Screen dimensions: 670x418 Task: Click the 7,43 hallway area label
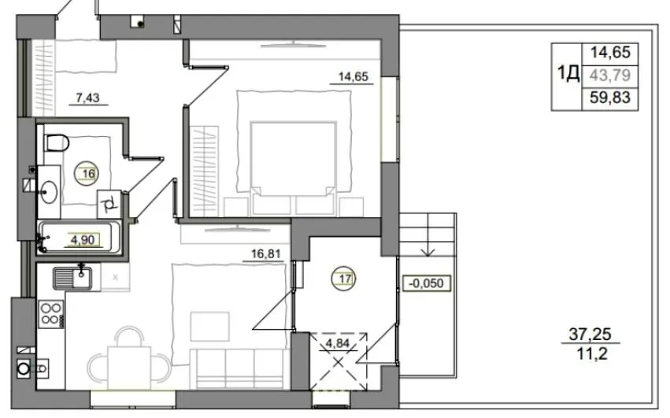(x=87, y=98)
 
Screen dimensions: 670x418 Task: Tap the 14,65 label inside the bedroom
(x=353, y=76)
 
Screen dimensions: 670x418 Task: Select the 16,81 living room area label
(x=266, y=254)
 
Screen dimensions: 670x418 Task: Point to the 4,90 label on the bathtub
(x=83, y=240)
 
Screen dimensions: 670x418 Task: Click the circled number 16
(x=88, y=173)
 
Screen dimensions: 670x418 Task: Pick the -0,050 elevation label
(x=426, y=283)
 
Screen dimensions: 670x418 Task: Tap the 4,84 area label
(x=338, y=342)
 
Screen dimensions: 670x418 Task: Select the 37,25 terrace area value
(x=590, y=333)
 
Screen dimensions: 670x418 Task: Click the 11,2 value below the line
(x=592, y=354)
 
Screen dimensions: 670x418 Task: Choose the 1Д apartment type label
(x=568, y=72)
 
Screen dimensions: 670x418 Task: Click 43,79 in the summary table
(x=610, y=76)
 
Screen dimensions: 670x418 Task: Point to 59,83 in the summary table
(x=610, y=98)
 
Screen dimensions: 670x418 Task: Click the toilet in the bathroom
(x=56, y=142)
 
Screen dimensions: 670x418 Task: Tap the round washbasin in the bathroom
(x=49, y=192)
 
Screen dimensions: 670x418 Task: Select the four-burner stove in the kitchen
(x=51, y=314)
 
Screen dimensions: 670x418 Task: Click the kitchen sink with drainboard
(x=72, y=278)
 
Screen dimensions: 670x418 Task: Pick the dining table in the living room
(x=129, y=368)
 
